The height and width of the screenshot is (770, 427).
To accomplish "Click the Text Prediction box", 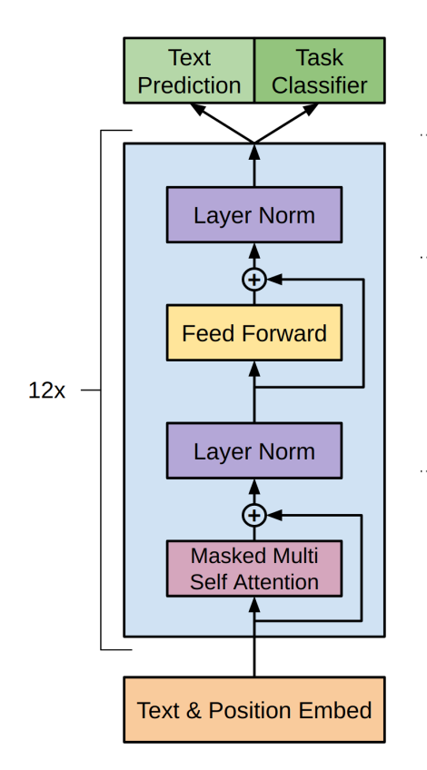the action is pyautogui.click(x=189, y=70).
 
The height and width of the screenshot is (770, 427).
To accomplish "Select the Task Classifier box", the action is pyautogui.click(x=320, y=70).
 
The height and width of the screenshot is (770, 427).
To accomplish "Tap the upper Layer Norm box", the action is pyautogui.click(x=254, y=214).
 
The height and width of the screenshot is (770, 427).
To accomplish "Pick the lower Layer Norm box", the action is pyautogui.click(x=254, y=450).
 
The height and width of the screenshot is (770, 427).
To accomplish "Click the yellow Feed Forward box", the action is pyautogui.click(x=254, y=333).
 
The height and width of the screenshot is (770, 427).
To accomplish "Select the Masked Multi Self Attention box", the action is pyautogui.click(x=254, y=568).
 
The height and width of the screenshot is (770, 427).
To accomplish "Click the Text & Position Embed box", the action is pyautogui.click(x=254, y=709).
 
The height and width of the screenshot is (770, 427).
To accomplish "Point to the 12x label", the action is pyautogui.click(x=46, y=390).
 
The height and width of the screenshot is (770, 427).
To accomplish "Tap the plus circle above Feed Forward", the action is pyautogui.click(x=254, y=280).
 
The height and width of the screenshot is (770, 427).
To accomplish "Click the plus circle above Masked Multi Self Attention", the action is pyautogui.click(x=254, y=515).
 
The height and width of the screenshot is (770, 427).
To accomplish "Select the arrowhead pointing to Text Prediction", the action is pyautogui.click(x=197, y=109).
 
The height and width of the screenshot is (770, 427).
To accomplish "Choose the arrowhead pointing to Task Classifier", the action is pyautogui.click(x=311, y=109).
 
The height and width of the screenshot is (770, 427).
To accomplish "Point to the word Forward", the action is pyautogui.click(x=283, y=333).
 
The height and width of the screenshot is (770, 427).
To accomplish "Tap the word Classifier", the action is pyautogui.click(x=320, y=85).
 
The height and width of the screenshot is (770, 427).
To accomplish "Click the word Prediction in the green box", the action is pyautogui.click(x=189, y=86).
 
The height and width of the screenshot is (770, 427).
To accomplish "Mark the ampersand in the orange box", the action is pyautogui.click(x=194, y=711).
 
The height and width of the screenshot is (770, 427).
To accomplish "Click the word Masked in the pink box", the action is pyautogui.click(x=220, y=556).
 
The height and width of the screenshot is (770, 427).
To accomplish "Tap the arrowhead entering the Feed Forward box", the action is pyautogui.click(x=254, y=369).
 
